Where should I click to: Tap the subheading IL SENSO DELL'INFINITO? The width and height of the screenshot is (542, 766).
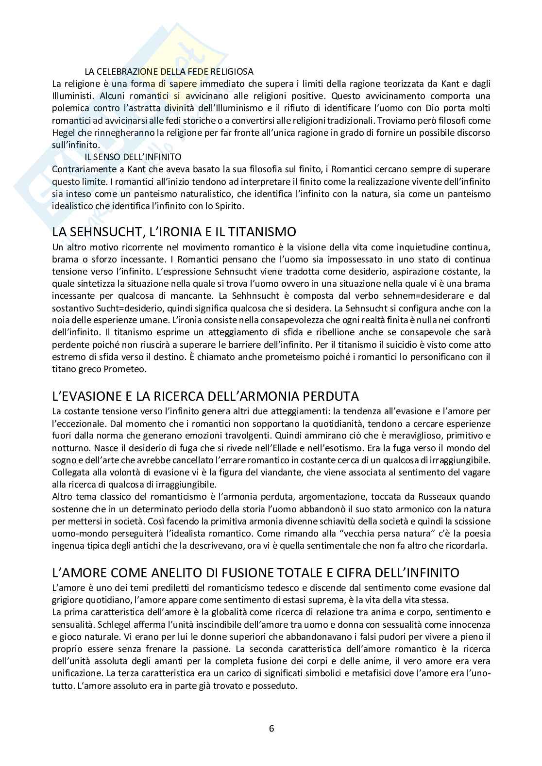coord(133,157)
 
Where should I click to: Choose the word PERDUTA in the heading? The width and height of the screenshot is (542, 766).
coord(327,396)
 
